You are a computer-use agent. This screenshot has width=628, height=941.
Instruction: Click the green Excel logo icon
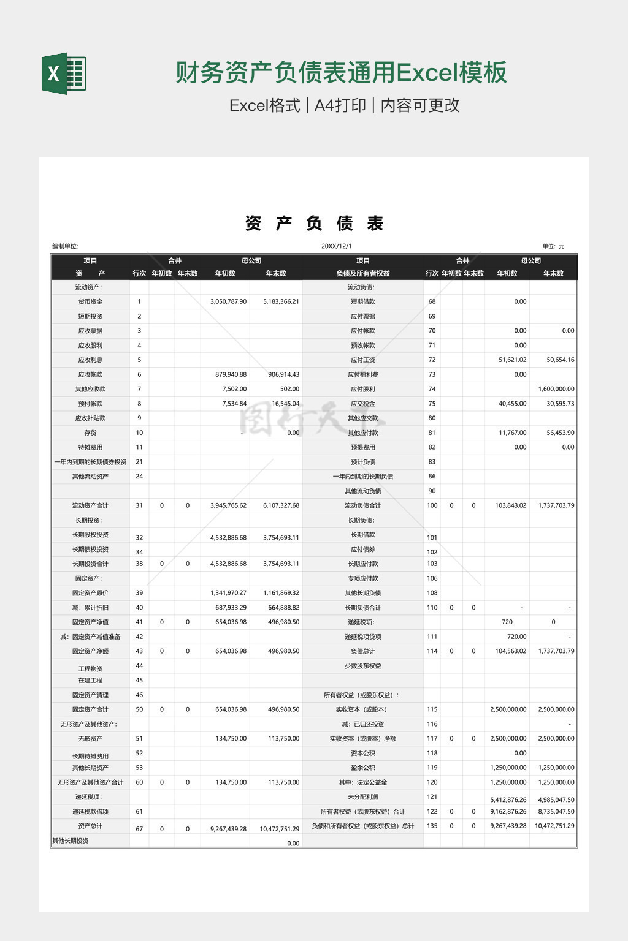64,74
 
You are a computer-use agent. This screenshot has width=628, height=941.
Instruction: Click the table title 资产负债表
314,224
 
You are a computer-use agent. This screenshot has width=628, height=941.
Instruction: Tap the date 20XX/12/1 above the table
337,246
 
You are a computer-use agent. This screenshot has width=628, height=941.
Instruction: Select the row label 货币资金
90,301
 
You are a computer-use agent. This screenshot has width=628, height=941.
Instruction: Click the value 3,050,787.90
228,301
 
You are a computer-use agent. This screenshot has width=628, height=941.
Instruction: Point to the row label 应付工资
362,360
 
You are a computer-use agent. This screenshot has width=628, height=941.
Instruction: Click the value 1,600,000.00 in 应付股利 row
556,389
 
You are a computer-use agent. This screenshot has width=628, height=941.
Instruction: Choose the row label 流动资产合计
90,505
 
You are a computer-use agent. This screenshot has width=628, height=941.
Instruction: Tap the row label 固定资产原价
90,593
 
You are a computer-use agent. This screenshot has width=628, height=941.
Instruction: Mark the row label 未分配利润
362,797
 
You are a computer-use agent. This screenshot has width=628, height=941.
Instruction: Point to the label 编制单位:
66,246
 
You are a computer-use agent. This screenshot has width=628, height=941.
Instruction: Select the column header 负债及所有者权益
362,273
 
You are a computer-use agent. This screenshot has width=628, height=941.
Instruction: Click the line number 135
432,826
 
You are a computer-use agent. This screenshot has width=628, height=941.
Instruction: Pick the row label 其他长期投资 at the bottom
71,841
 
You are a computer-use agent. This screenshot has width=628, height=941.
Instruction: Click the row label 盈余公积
362,768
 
